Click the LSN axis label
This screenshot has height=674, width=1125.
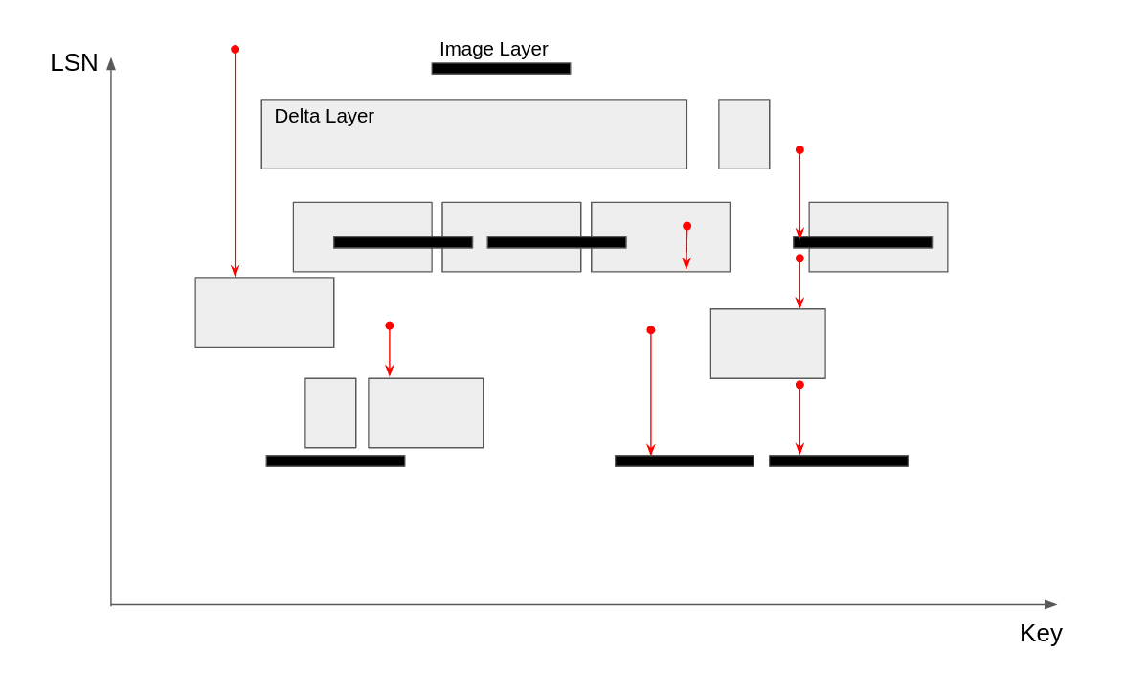pyautogui.click(x=74, y=62)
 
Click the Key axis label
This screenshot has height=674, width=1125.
pyautogui.click(x=1041, y=633)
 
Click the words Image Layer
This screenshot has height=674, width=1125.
pyautogui.click(x=493, y=49)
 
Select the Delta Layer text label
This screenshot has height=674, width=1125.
pyautogui.click(x=324, y=116)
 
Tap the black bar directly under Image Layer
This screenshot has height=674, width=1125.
pyautogui.click(x=501, y=69)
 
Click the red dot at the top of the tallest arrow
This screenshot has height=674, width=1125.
pyautogui.click(x=235, y=49)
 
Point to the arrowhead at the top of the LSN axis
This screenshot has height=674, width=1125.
pyautogui.click(x=111, y=63)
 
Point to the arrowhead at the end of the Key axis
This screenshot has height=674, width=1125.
pyautogui.click(x=1050, y=604)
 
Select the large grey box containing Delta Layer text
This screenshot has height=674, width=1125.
pyautogui.click(x=474, y=144)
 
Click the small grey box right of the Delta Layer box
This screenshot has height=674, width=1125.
pyautogui.click(x=744, y=134)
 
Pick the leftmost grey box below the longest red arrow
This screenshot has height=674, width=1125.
pyautogui.click(x=264, y=312)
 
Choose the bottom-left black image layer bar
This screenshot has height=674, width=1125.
pyautogui.click(x=335, y=461)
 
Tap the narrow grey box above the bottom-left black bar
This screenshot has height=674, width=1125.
pyautogui.click(x=330, y=413)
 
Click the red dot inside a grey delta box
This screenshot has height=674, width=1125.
pyautogui.click(x=686, y=226)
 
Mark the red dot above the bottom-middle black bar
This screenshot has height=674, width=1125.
pyautogui.click(x=651, y=330)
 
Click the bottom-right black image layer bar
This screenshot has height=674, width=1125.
pyautogui.click(x=838, y=461)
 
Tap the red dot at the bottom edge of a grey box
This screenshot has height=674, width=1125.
pyautogui.click(x=799, y=385)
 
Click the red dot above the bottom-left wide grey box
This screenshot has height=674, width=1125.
pyautogui.click(x=390, y=326)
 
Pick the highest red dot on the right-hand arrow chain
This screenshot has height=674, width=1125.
pyautogui.click(x=799, y=150)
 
